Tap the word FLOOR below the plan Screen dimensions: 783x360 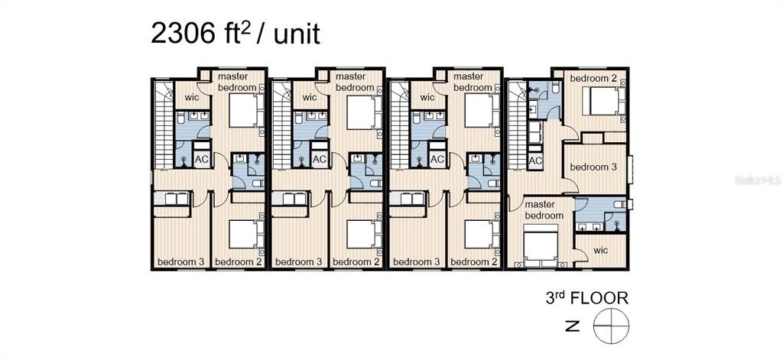tap(599, 299)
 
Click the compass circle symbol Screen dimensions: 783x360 tap(611, 326)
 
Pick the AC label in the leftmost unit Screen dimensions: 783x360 tap(201, 159)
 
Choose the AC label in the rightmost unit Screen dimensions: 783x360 tap(535, 161)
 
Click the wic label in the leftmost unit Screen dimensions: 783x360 tap(192, 97)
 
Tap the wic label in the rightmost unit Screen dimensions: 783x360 tap(602, 250)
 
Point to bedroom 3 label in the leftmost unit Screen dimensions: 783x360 tap(180, 261)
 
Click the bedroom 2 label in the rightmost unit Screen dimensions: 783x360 tap(593, 79)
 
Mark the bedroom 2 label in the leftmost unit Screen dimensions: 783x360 tap(239, 261)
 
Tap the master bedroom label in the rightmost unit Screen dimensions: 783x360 tap(544, 210)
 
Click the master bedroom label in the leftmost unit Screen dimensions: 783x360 tap(237, 82)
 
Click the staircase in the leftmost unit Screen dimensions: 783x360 tap(164, 125)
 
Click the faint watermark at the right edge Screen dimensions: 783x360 tap(758, 180)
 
